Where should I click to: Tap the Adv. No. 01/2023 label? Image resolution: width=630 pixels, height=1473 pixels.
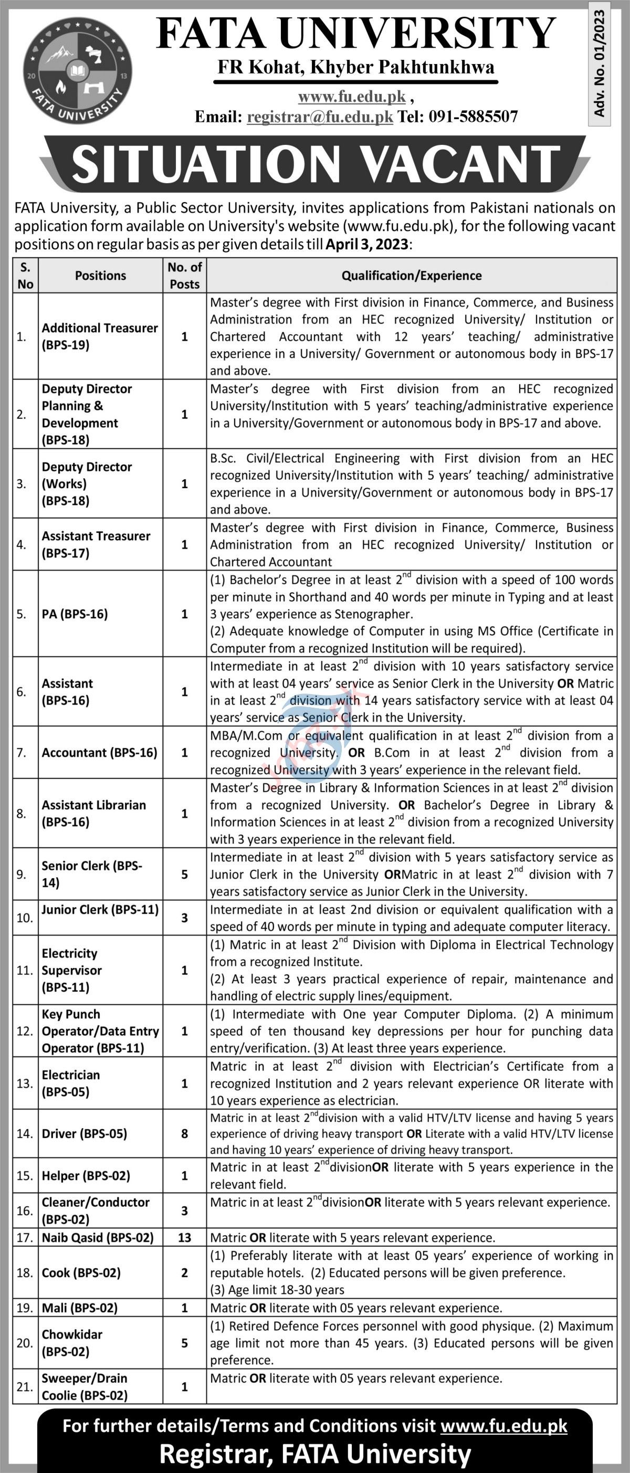598,64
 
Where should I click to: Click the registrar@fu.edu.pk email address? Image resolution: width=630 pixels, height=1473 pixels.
320,117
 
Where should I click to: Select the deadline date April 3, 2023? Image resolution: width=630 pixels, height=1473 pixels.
367,244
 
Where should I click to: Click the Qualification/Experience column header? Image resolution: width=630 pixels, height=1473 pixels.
412,276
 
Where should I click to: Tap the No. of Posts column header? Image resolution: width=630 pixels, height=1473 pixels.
185,276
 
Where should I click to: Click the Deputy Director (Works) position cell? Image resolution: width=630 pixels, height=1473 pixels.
87,484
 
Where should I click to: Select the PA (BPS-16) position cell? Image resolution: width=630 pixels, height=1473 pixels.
75,614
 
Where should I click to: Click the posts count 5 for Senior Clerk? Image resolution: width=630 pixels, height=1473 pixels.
185,875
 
